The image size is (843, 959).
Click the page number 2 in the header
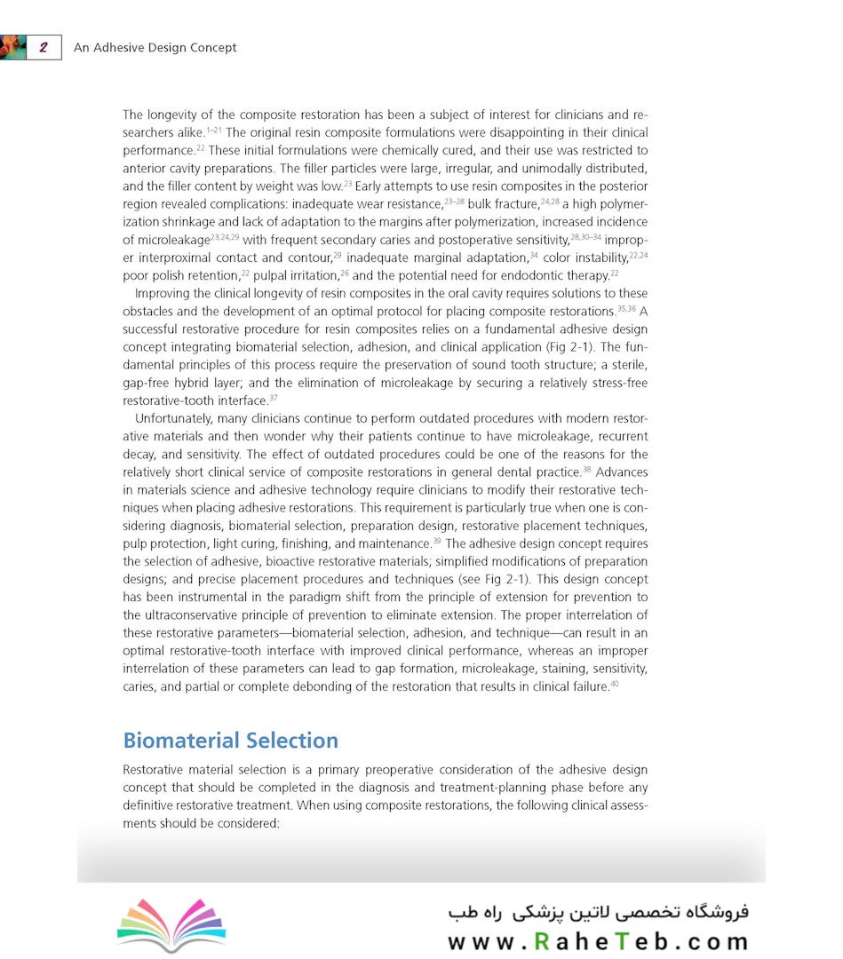coord(43,47)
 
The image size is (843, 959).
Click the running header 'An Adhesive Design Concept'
coord(155,47)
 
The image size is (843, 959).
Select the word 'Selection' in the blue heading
coord(293,741)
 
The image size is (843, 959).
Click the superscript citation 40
coord(614,684)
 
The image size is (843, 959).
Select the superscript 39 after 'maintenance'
coord(436,541)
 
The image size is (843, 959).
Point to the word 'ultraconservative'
coord(195,615)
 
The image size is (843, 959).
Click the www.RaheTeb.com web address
coord(598,941)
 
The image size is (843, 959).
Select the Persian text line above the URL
coord(598,911)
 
